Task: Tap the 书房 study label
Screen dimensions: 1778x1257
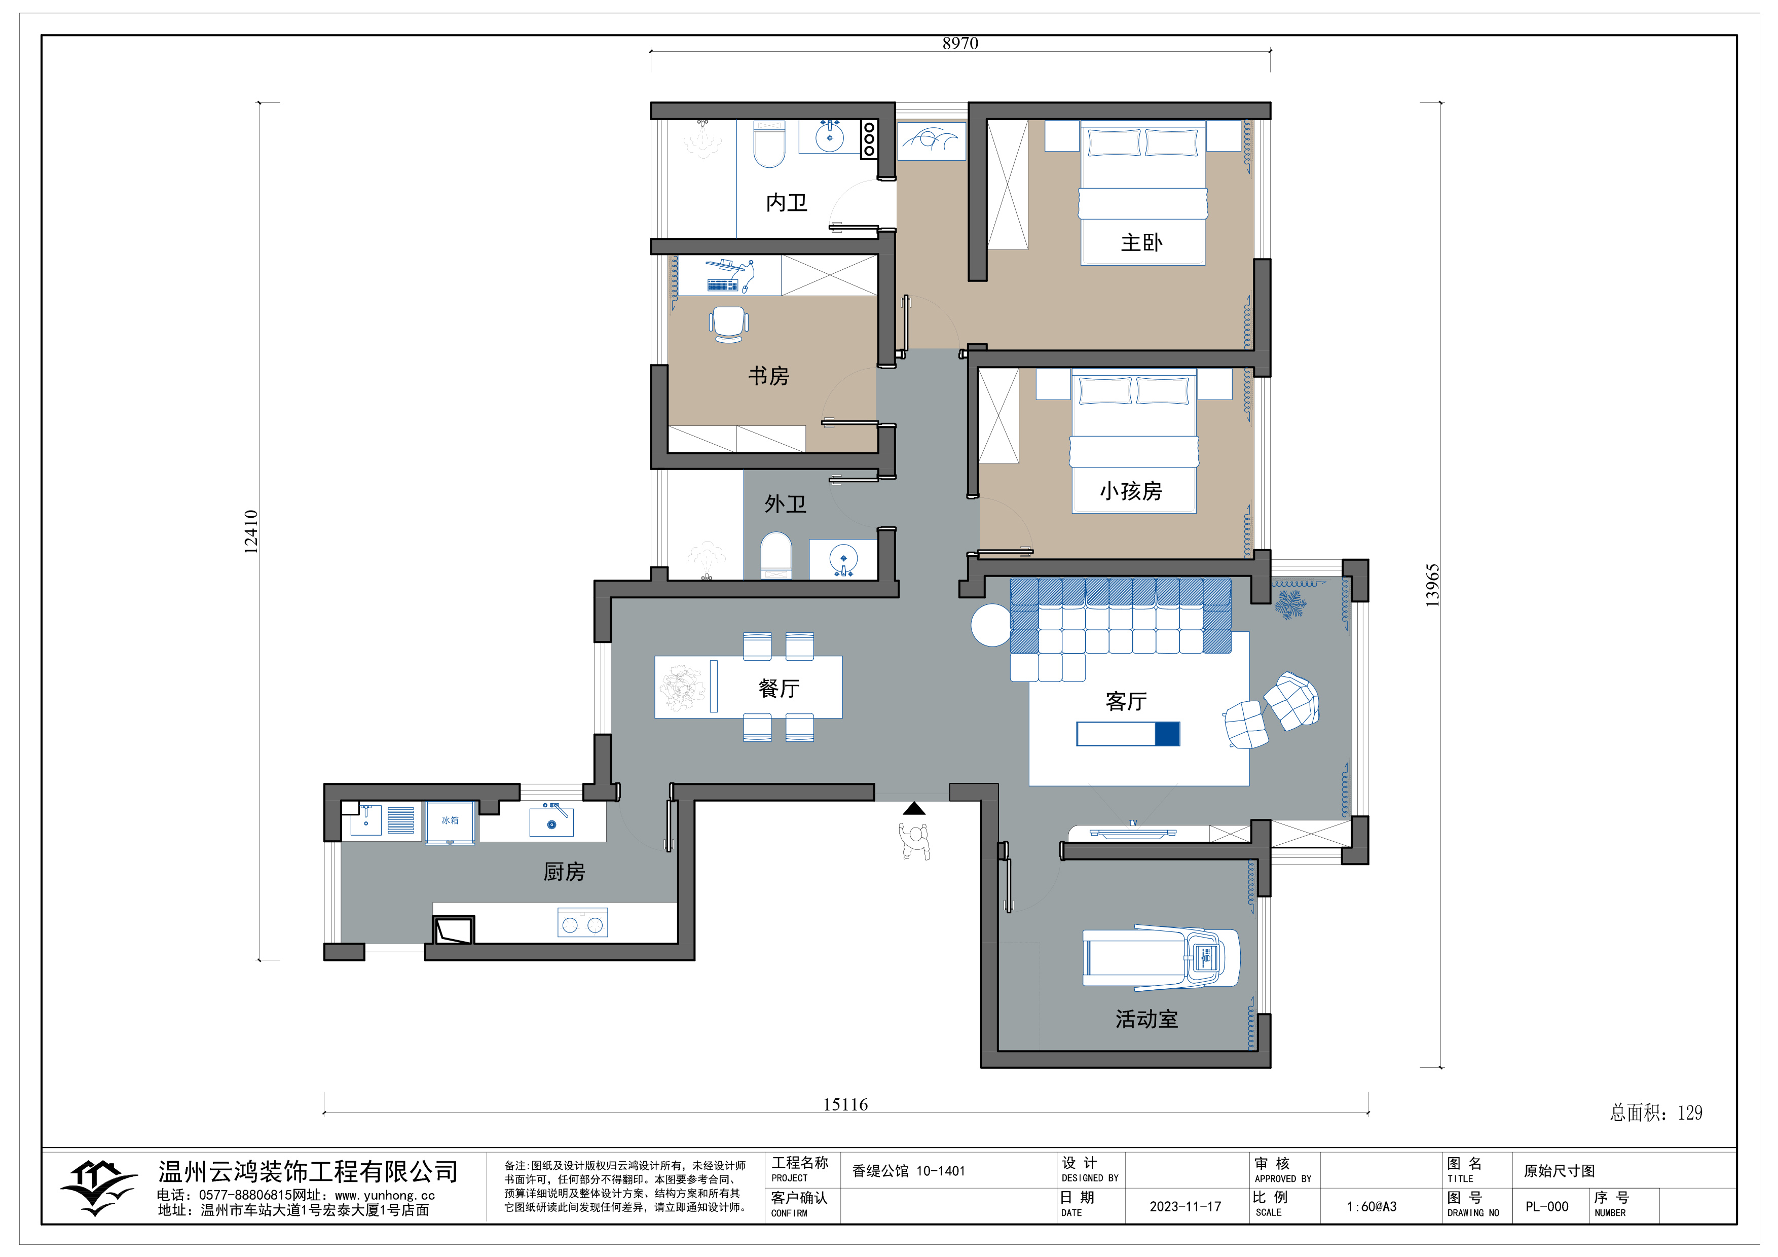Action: click(768, 376)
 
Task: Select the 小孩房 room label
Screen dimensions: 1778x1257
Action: click(1131, 491)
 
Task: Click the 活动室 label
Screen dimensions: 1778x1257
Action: click(1147, 1019)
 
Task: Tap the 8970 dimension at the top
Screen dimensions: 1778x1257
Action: click(960, 44)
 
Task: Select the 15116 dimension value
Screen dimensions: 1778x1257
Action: click(845, 1105)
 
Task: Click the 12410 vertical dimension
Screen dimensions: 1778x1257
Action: click(251, 531)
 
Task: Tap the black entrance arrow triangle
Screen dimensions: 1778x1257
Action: click(914, 809)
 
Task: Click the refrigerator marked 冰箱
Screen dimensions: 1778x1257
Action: click(450, 822)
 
